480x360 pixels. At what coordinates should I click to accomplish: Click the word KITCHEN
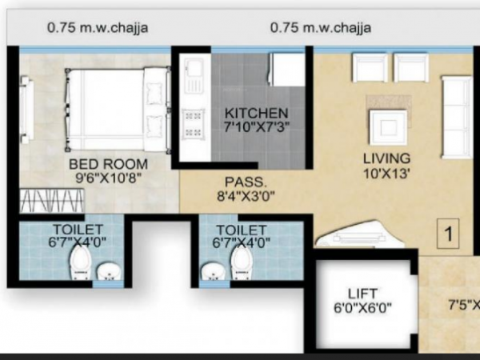click(x=256, y=112)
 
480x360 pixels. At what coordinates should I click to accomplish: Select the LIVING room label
click(x=386, y=158)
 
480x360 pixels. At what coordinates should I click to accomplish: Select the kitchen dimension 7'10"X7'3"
click(x=256, y=126)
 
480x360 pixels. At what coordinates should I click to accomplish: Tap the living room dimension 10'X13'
click(x=386, y=172)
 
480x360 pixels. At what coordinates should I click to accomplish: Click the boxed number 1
click(x=450, y=234)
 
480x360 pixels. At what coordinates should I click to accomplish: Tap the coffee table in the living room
click(x=387, y=126)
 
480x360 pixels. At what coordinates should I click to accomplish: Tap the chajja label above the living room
click(x=320, y=27)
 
